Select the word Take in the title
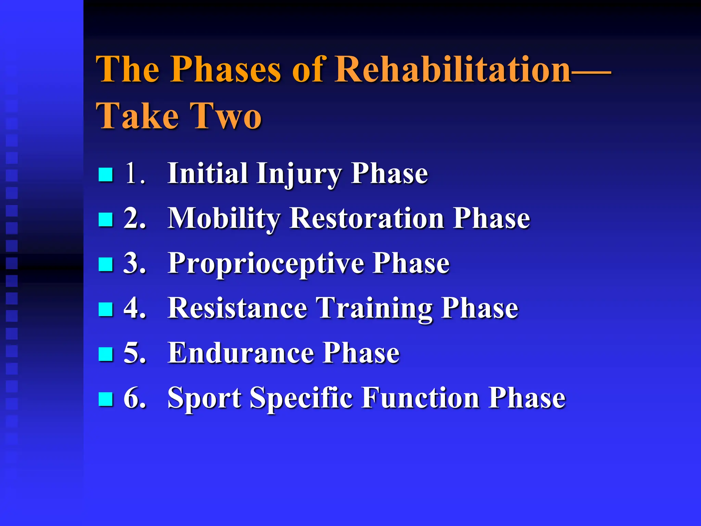(137, 116)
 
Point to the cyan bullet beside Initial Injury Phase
(105, 174)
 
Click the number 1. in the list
(135, 173)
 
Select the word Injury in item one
(299, 173)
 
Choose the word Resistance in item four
(237, 308)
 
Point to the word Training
(374, 308)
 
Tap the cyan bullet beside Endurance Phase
(105, 354)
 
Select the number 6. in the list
(135, 398)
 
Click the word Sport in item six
(204, 398)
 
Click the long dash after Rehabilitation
(591, 72)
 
